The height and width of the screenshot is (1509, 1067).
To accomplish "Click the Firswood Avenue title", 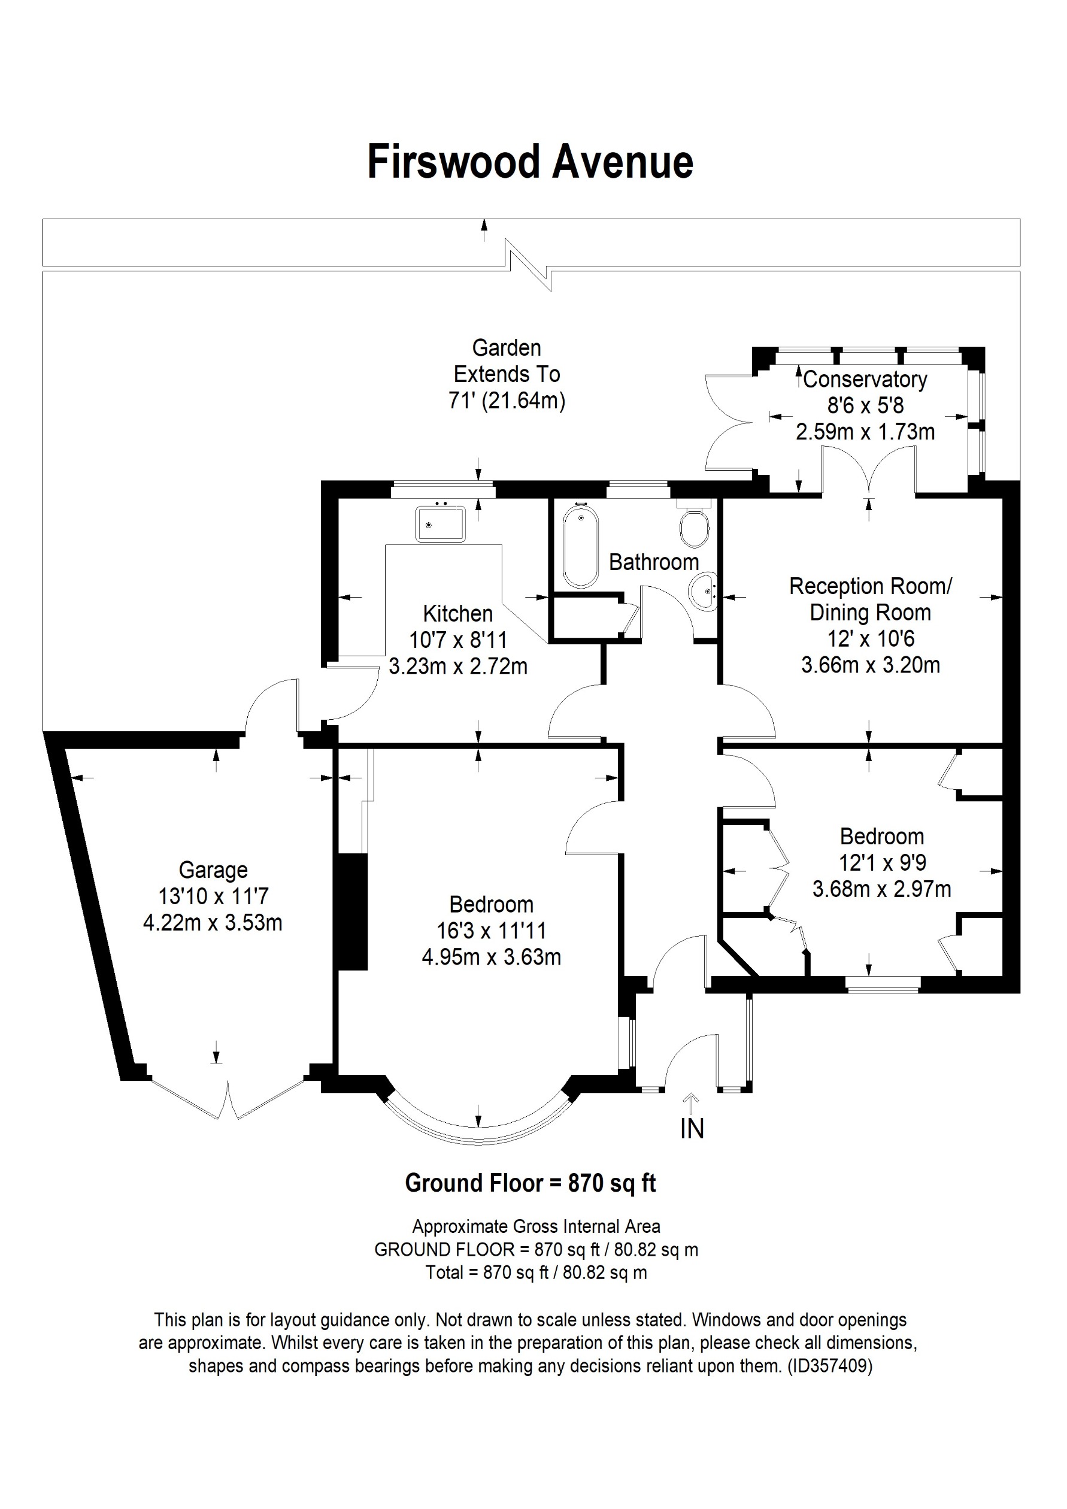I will tap(531, 162).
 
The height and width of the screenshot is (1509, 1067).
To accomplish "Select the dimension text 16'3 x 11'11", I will tap(491, 931).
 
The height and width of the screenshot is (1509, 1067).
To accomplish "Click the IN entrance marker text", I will tap(692, 1129).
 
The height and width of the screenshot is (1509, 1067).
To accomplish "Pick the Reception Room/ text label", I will tap(870, 586).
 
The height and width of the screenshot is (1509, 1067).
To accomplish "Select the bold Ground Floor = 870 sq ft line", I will tap(531, 1183).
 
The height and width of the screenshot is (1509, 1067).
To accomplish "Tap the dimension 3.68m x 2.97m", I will tap(882, 889).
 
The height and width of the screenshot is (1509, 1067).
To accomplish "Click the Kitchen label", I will tap(458, 613).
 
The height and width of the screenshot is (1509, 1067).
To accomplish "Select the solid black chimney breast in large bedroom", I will tap(351, 911).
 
